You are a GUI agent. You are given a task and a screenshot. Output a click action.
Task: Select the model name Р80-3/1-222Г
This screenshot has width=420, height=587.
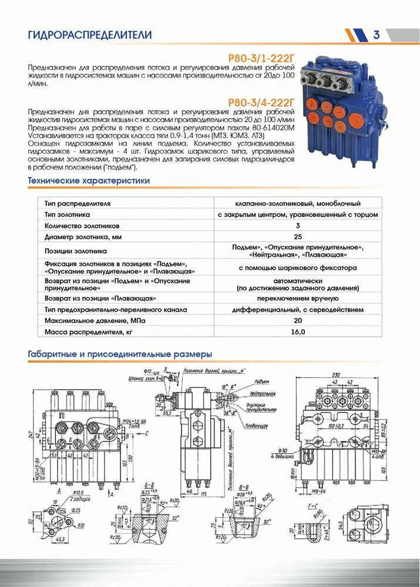click(261, 58)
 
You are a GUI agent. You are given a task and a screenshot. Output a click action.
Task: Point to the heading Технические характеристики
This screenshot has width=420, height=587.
click(89, 181)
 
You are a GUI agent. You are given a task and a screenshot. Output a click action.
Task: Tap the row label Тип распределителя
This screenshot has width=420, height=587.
click(77, 203)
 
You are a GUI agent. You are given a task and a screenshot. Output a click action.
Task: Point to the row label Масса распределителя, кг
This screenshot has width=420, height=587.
click(89, 332)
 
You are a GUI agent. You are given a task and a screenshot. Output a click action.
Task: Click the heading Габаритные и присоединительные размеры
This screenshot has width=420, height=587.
click(120, 355)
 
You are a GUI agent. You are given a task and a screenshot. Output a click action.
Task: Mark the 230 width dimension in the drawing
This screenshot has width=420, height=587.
click(335, 375)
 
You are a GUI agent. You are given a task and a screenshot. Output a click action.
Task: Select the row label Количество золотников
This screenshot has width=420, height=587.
click(82, 225)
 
